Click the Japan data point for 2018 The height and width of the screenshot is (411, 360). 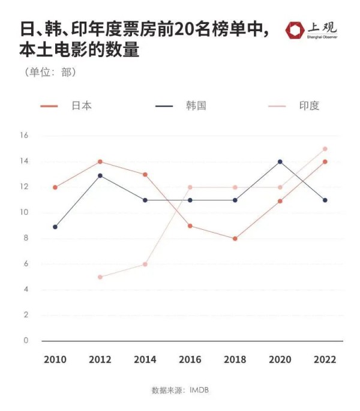pos(235,239)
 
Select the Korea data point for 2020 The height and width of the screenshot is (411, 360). pos(280,161)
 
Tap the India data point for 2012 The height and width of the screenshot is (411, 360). pos(100,277)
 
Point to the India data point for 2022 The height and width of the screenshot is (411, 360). pos(325,149)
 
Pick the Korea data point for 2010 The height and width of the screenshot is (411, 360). pos(55,227)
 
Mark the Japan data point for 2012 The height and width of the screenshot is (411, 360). pos(100,161)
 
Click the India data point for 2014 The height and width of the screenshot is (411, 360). pos(145,265)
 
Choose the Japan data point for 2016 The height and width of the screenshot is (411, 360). pos(190,226)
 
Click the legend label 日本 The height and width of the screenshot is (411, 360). pos(82,106)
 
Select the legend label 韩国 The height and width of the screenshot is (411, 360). pos(196,106)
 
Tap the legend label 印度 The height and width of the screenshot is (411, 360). pos(310,106)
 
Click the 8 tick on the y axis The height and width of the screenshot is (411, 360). pos(26,238)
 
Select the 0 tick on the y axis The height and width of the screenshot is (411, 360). pos(26,341)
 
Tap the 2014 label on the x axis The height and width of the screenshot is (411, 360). pos(145,360)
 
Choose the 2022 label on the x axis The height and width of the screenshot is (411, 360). pos(325,360)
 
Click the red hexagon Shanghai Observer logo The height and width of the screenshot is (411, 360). pos(295,29)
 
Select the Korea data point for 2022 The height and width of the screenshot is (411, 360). pos(325,200)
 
